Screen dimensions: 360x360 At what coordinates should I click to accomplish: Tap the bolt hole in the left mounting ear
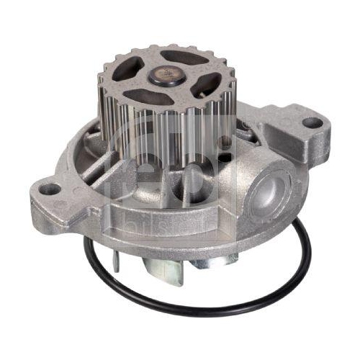click(51, 190)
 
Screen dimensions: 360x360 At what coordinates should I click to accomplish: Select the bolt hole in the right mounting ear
click(311, 122)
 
